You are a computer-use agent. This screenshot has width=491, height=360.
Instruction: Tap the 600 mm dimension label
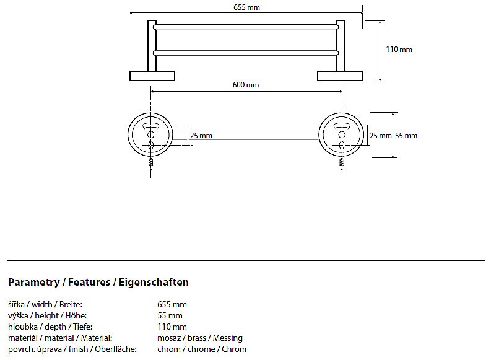click(x=246, y=85)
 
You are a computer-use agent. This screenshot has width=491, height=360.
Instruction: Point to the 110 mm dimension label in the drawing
click(x=399, y=50)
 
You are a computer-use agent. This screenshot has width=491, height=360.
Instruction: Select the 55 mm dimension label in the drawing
click(x=406, y=136)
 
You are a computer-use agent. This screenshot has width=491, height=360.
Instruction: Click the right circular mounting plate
click(x=341, y=136)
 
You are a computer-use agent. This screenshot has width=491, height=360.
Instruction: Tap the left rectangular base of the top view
click(x=152, y=76)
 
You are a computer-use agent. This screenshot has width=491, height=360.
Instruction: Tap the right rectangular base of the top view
click(x=340, y=76)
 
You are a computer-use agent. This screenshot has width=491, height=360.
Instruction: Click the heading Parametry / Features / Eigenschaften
click(x=98, y=283)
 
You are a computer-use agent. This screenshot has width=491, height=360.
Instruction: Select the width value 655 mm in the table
click(x=172, y=304)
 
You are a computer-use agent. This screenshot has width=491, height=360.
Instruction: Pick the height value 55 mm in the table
click(x=170, y=315)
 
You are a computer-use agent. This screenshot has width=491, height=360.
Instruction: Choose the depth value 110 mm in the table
click(x=172, y=327)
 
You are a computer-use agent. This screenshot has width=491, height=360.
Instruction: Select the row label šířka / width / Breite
click(x=45, y=304)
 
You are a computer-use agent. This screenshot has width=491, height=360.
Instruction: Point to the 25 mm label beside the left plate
click(x=201, y=136)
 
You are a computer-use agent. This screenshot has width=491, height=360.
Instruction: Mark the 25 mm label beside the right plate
click(x=380, y=136)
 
